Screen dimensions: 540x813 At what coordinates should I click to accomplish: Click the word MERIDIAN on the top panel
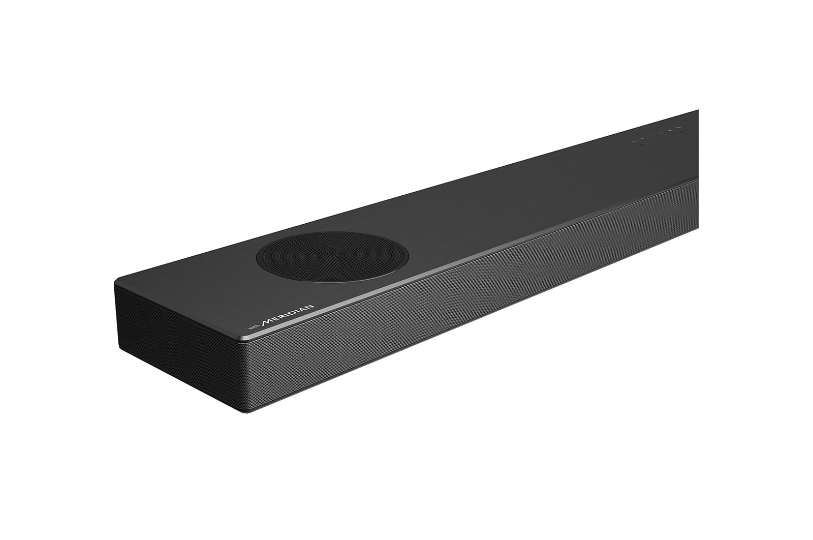(x=288, y=315)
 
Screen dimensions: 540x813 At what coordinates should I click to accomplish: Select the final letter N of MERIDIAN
(x=311, y=307)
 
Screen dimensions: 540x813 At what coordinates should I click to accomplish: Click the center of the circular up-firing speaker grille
(x=332, y=256)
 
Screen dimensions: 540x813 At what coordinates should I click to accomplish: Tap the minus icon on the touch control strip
(x=652, y=136)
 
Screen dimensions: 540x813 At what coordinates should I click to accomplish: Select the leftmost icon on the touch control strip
(x=634, y=141)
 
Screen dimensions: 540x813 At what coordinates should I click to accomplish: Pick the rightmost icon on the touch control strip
(x=679, y=128)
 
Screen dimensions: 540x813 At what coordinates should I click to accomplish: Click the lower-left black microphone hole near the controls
(x=642, y=145)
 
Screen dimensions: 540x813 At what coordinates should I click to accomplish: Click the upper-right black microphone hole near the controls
(x=681, y=133)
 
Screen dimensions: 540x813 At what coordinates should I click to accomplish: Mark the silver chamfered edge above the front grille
(x=457, y=263)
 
